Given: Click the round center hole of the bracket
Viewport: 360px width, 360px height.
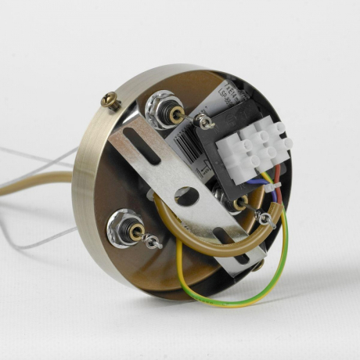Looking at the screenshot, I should point(186,196).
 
